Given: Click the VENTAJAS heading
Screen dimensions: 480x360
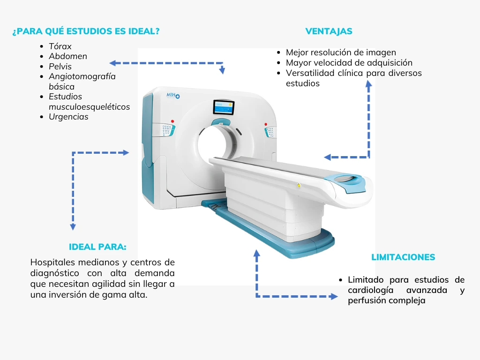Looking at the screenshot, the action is [x=329, y=31].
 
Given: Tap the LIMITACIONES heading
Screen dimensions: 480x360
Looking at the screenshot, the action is [x=403, y=257].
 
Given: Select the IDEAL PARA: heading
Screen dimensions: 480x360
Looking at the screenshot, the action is [x=97, y=247].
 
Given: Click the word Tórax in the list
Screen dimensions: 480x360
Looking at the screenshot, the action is [x=60, y=46].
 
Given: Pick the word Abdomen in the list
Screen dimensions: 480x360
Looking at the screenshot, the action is [x=68, y=56].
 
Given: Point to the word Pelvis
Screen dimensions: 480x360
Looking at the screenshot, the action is [x=60, y=67].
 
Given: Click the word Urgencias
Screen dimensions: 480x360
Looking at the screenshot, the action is [x=68, y=117].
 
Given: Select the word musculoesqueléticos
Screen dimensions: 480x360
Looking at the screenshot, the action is [x=90, y=107].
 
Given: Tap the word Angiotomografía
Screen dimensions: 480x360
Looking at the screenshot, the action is [x=82, y=76].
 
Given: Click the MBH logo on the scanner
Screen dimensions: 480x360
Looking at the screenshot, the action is [x=173, y=96].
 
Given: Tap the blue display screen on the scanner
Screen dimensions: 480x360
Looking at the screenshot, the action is [x=224, y=107].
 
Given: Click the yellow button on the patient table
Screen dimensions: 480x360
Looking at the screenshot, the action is [x=299, y=186].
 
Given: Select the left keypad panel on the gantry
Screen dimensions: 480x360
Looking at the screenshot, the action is [x=167, y=130].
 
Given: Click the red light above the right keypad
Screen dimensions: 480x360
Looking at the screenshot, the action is [x=266, y=124].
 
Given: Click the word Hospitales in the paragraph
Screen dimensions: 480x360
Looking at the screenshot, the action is [x=53, y=262].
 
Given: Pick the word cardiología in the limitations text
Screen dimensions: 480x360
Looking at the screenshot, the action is [x=370, y=290].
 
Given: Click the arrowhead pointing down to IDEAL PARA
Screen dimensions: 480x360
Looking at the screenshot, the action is [x=73, y=227].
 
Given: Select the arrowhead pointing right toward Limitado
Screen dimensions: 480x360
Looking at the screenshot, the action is [x=334, y=296].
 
